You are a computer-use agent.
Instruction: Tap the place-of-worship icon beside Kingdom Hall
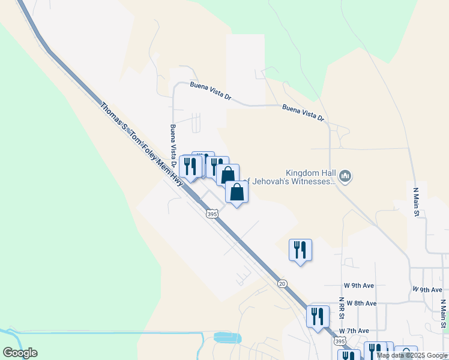tap(345, 176)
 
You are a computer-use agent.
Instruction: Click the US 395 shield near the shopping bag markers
tap(211, 214)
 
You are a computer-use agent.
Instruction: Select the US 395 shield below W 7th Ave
tap(340, 341)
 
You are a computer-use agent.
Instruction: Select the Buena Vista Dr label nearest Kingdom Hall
tap(303, 112)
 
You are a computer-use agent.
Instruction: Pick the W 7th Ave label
tap(354, 331)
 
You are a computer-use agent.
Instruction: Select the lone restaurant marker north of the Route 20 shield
tap(301, 250)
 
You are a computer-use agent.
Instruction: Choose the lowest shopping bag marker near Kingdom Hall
tap(237, 193)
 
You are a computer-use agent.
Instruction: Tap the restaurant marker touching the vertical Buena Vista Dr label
tap(190, 166)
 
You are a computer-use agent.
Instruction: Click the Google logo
tap(20, 353)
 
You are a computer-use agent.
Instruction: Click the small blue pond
tap(228, 337)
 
